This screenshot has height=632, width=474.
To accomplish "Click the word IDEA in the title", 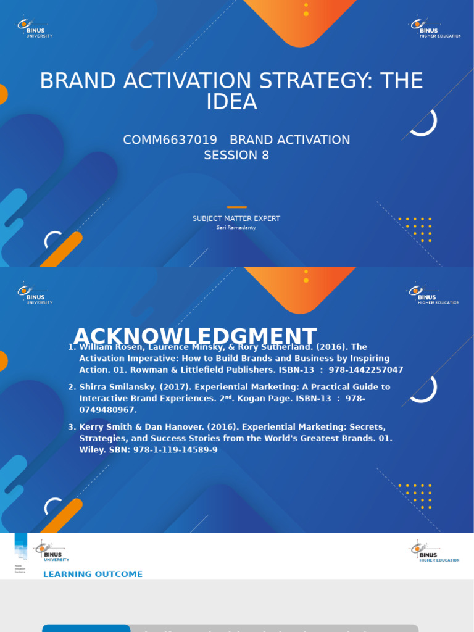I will [232, 102].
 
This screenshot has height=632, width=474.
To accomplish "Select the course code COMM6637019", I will [170, 140].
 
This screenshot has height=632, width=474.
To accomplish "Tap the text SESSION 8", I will [236, 156].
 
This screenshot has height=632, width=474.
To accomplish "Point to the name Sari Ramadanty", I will [236, 228].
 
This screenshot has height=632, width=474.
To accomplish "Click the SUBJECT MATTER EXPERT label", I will [236, 218].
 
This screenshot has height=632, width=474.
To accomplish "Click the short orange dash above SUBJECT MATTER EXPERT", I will [236, 207].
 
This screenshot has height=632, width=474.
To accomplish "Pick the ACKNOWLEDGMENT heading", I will [195, 336].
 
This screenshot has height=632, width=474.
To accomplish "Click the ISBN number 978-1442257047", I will [365, 370].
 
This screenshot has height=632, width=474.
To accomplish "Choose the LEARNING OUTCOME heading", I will [93, 574].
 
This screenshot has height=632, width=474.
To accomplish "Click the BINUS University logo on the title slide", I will [35, 28].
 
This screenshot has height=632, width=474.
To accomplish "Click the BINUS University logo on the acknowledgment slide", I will [35, 294].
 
